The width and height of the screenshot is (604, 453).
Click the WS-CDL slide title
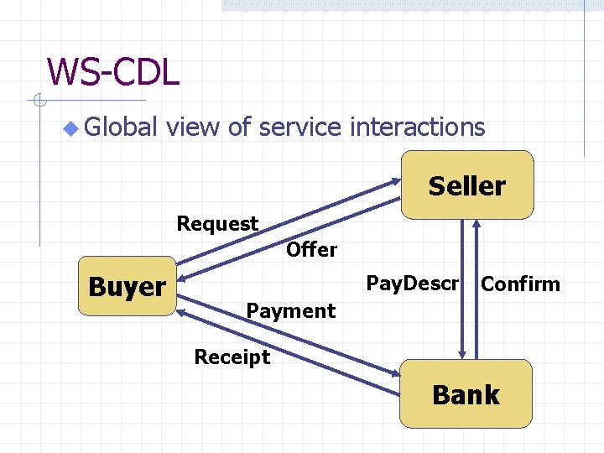(113, 72)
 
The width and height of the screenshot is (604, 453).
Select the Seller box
(466, 185)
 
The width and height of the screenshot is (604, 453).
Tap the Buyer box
(127, 286)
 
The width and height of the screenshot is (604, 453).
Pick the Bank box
(466, 394)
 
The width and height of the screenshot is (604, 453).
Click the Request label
(217, 224)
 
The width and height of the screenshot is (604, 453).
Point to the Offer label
(311, 249)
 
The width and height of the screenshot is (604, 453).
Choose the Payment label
(290, 311)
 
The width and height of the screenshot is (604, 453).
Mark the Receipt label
(232, 357)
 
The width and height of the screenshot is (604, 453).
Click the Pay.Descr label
(413, 284)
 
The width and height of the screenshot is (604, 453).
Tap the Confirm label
(520, 284)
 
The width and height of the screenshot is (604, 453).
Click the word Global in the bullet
(121, 128)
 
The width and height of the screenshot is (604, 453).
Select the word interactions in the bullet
(417, 128)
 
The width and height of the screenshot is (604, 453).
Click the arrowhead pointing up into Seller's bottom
(476, 225)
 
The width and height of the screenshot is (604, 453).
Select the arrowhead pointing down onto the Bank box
(462, 354)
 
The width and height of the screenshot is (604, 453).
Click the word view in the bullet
(195, 128)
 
